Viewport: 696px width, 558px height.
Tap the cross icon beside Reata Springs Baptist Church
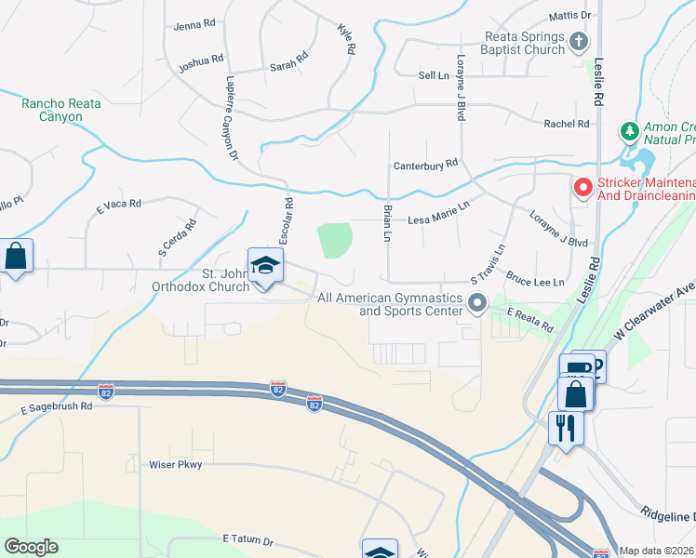579,42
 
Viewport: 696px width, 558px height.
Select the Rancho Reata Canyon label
61,110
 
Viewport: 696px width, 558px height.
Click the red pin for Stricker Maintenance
582,188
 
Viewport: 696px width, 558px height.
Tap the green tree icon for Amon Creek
629,130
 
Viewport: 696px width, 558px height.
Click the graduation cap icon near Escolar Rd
265,266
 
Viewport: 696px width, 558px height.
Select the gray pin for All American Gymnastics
478,303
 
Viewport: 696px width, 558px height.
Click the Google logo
31,547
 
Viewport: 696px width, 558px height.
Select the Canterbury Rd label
427,163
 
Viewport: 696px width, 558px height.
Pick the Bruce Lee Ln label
536,278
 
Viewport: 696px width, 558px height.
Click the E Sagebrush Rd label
56,406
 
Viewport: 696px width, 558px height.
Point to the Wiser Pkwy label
176,463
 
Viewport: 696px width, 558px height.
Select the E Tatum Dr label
248,540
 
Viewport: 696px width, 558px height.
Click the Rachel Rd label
567,123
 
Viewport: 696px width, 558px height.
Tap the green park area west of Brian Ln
335,240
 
